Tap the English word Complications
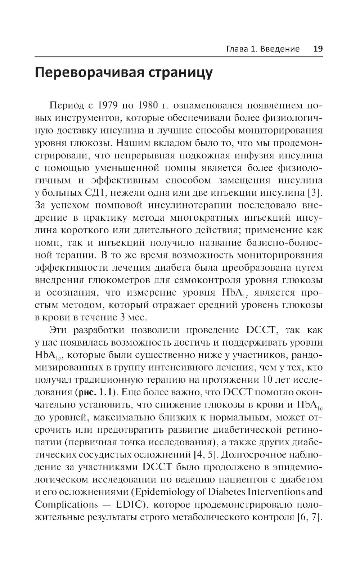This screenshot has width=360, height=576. pyautogui.click(x=61, y=505)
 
